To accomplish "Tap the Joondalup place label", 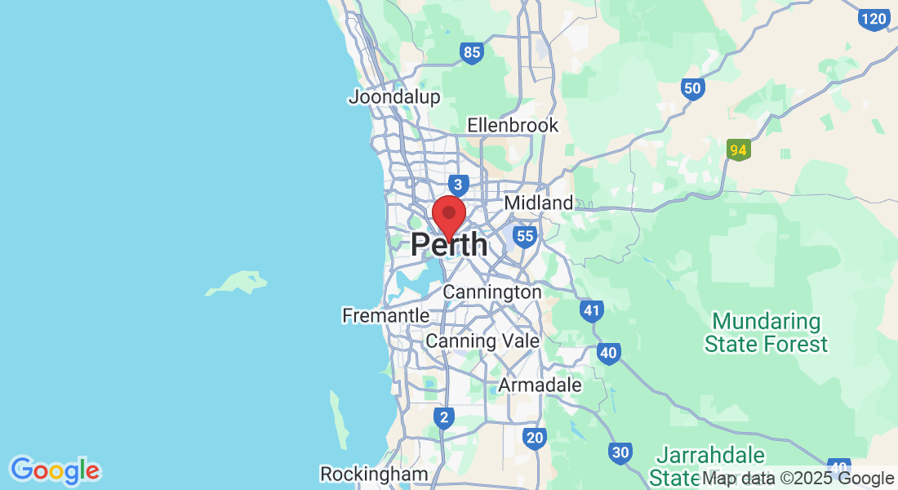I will point(394,97).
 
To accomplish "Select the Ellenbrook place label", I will point(513,125).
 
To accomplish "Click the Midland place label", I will point(539,203).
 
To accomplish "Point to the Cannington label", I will point(491,292).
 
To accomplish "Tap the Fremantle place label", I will point(386,315).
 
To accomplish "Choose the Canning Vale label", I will point(482,341).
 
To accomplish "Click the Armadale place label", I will point(540,385).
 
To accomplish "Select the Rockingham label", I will point(374,474).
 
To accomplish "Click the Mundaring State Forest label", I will point(766,332).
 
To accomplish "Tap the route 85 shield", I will point(472,53).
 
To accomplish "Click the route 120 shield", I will point(874,19).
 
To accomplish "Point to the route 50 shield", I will point(693,88).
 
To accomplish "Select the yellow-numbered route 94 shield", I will point(738,150).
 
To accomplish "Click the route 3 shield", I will point(460,185).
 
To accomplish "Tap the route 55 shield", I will point(525,237).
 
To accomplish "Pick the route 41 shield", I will point(592,310).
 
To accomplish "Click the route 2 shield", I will point(443,418).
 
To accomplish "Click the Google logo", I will point(55,470).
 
